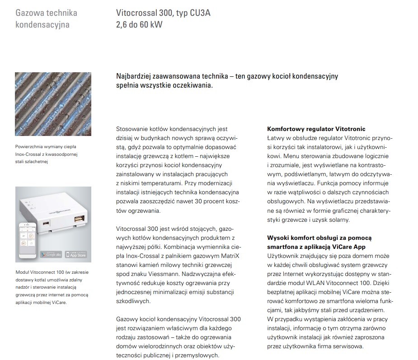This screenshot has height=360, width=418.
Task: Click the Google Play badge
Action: point(51,255)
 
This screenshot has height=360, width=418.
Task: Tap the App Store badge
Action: point(75,255)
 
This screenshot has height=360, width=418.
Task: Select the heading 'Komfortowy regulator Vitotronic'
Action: point(316,129)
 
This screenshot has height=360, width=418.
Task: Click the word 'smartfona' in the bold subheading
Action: point(282,247)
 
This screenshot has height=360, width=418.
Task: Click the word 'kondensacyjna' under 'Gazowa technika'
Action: point(42,24)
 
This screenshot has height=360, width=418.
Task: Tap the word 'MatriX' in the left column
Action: point(228,256)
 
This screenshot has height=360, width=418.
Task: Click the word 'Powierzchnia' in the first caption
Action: point(30,147)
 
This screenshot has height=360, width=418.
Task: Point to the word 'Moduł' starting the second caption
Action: point(22,273)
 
